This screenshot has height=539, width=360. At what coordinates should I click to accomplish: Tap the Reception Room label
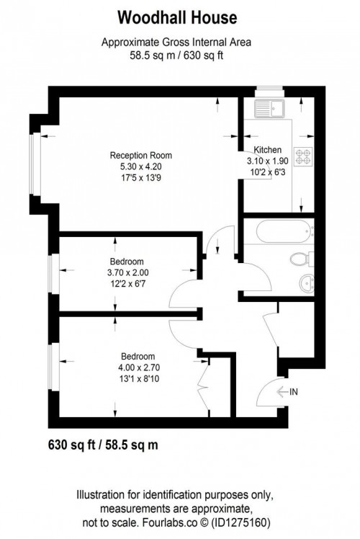(141, 156)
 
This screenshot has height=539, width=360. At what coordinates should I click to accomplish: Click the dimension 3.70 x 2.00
(127, 272)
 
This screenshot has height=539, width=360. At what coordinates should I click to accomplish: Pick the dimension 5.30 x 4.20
(141, 166)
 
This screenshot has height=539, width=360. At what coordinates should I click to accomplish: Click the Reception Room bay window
(32, 164)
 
